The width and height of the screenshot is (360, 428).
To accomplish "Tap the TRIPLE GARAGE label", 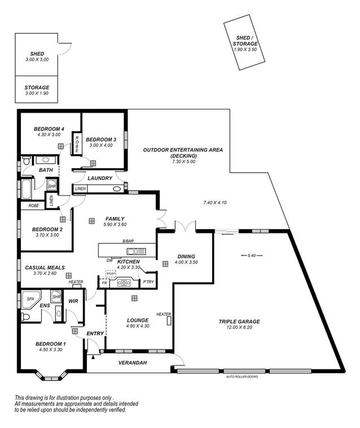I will tap(239, 322).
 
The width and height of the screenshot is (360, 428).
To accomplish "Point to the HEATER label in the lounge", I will tap(164, 315).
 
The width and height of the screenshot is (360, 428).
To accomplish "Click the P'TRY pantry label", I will tap(148, 282).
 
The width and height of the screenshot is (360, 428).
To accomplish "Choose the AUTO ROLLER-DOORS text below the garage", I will tap(242, 377).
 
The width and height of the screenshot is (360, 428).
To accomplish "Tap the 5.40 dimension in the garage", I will tap(252, 256).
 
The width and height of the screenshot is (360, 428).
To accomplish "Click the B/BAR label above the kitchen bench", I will tap(128, 242).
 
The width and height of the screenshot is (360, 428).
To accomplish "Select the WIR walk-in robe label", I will tap(73, 302).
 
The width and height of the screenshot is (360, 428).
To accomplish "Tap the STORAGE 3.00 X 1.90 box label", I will tap(37, 88).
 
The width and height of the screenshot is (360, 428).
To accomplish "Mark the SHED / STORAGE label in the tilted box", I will tap(246, 41).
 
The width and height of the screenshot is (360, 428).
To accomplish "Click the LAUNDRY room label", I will tap(100, 178).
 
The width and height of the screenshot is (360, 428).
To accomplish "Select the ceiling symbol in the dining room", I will tap(165, 264).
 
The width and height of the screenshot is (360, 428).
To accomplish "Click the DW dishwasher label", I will tap(109, 260).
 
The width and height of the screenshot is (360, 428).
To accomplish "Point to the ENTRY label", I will tap(95, 334).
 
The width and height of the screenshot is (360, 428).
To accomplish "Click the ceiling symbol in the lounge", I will tap(134, 298).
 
